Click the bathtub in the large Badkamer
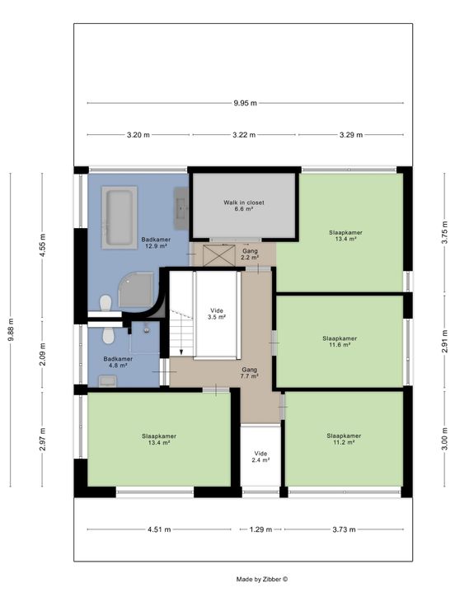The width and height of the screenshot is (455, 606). coord(120,217)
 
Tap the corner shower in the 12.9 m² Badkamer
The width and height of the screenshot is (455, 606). coord(136,290)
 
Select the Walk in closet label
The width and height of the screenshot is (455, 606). coord(244,206)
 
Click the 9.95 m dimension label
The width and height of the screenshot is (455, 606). coord(245,103)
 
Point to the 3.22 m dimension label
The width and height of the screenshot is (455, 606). coord(244,135)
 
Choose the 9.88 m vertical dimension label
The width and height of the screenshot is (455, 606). coord(12,329)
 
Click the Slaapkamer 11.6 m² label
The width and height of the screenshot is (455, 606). coord(340,341)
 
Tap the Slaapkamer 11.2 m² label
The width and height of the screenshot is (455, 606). coord(344,439)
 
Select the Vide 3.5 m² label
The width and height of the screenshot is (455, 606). coord(217,314)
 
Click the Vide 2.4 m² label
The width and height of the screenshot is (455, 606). coord(260,457)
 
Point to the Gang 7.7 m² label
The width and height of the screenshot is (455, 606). coord(250,373)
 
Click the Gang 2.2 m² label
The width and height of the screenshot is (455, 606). coord(250,254)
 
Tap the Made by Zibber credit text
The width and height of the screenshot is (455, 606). coord(262,579)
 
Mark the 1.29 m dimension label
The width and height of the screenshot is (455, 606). coord(260,529)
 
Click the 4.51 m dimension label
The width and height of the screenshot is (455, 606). coord(159,529)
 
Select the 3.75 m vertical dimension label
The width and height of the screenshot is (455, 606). coord(444,232)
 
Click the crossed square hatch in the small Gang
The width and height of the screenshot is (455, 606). coord(219,255)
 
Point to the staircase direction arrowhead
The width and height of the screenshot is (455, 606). coord(181,352)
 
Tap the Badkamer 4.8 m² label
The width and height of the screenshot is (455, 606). coord(118,362)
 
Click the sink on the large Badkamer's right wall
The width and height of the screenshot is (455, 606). coord(181,208)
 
